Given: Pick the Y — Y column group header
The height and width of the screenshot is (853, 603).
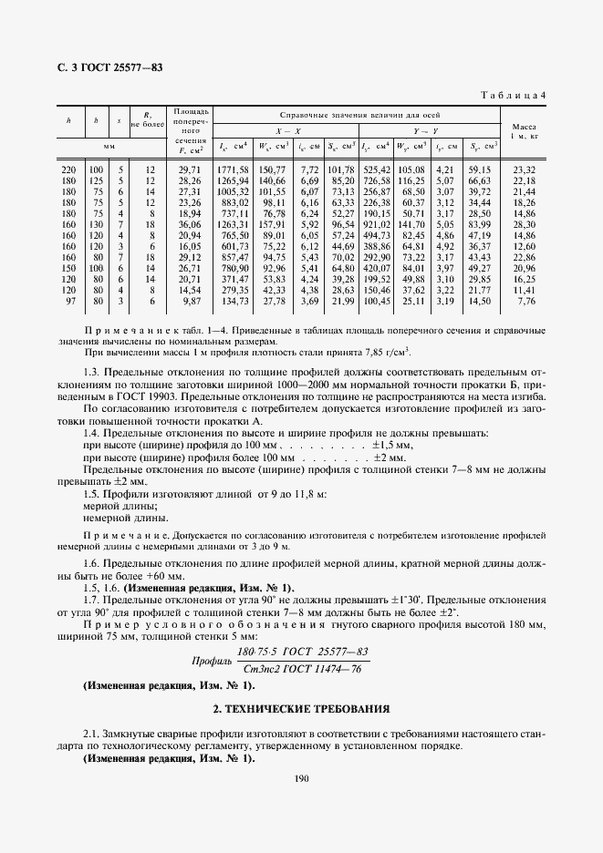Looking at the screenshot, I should [425, 130].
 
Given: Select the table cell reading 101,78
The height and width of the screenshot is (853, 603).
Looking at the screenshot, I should [340, 170].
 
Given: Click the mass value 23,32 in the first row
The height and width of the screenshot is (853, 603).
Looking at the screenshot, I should [525, 170].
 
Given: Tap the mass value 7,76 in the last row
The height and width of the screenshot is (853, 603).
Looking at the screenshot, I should [527, 301].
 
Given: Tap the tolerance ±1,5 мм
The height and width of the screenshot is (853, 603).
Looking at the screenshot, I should [392, 444].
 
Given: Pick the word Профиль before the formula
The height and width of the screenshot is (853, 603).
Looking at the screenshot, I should [210, 661].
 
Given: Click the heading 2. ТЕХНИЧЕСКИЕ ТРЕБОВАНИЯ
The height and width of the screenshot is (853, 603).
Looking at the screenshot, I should [301, 707].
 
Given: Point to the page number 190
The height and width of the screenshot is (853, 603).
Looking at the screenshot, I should [302, 777].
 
